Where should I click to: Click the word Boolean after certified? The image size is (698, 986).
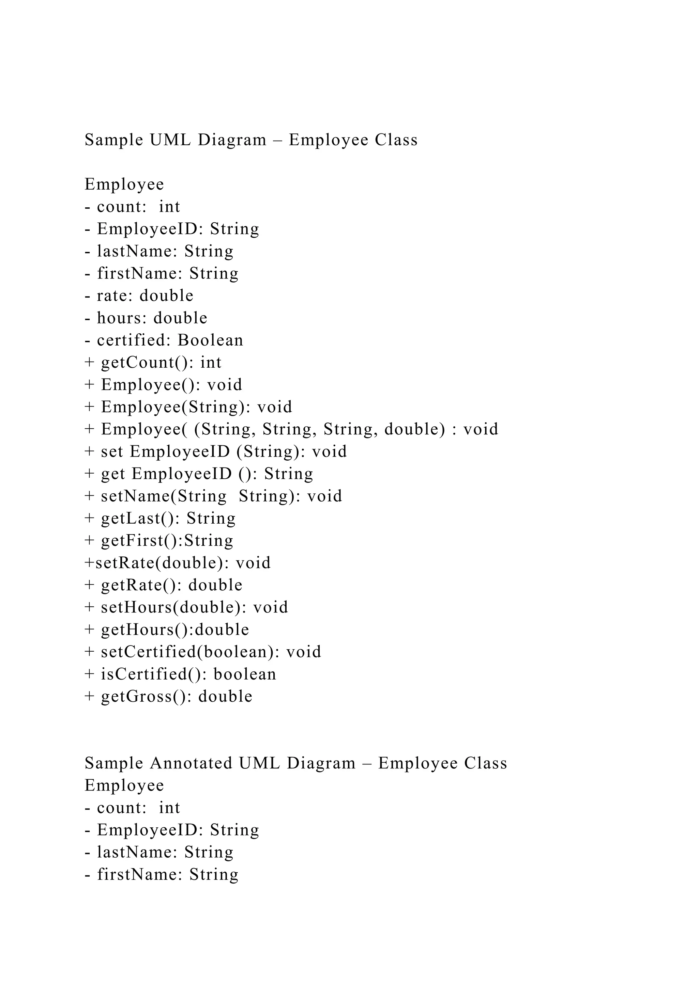coord(210,340)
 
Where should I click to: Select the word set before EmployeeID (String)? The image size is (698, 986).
coord(112,451)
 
